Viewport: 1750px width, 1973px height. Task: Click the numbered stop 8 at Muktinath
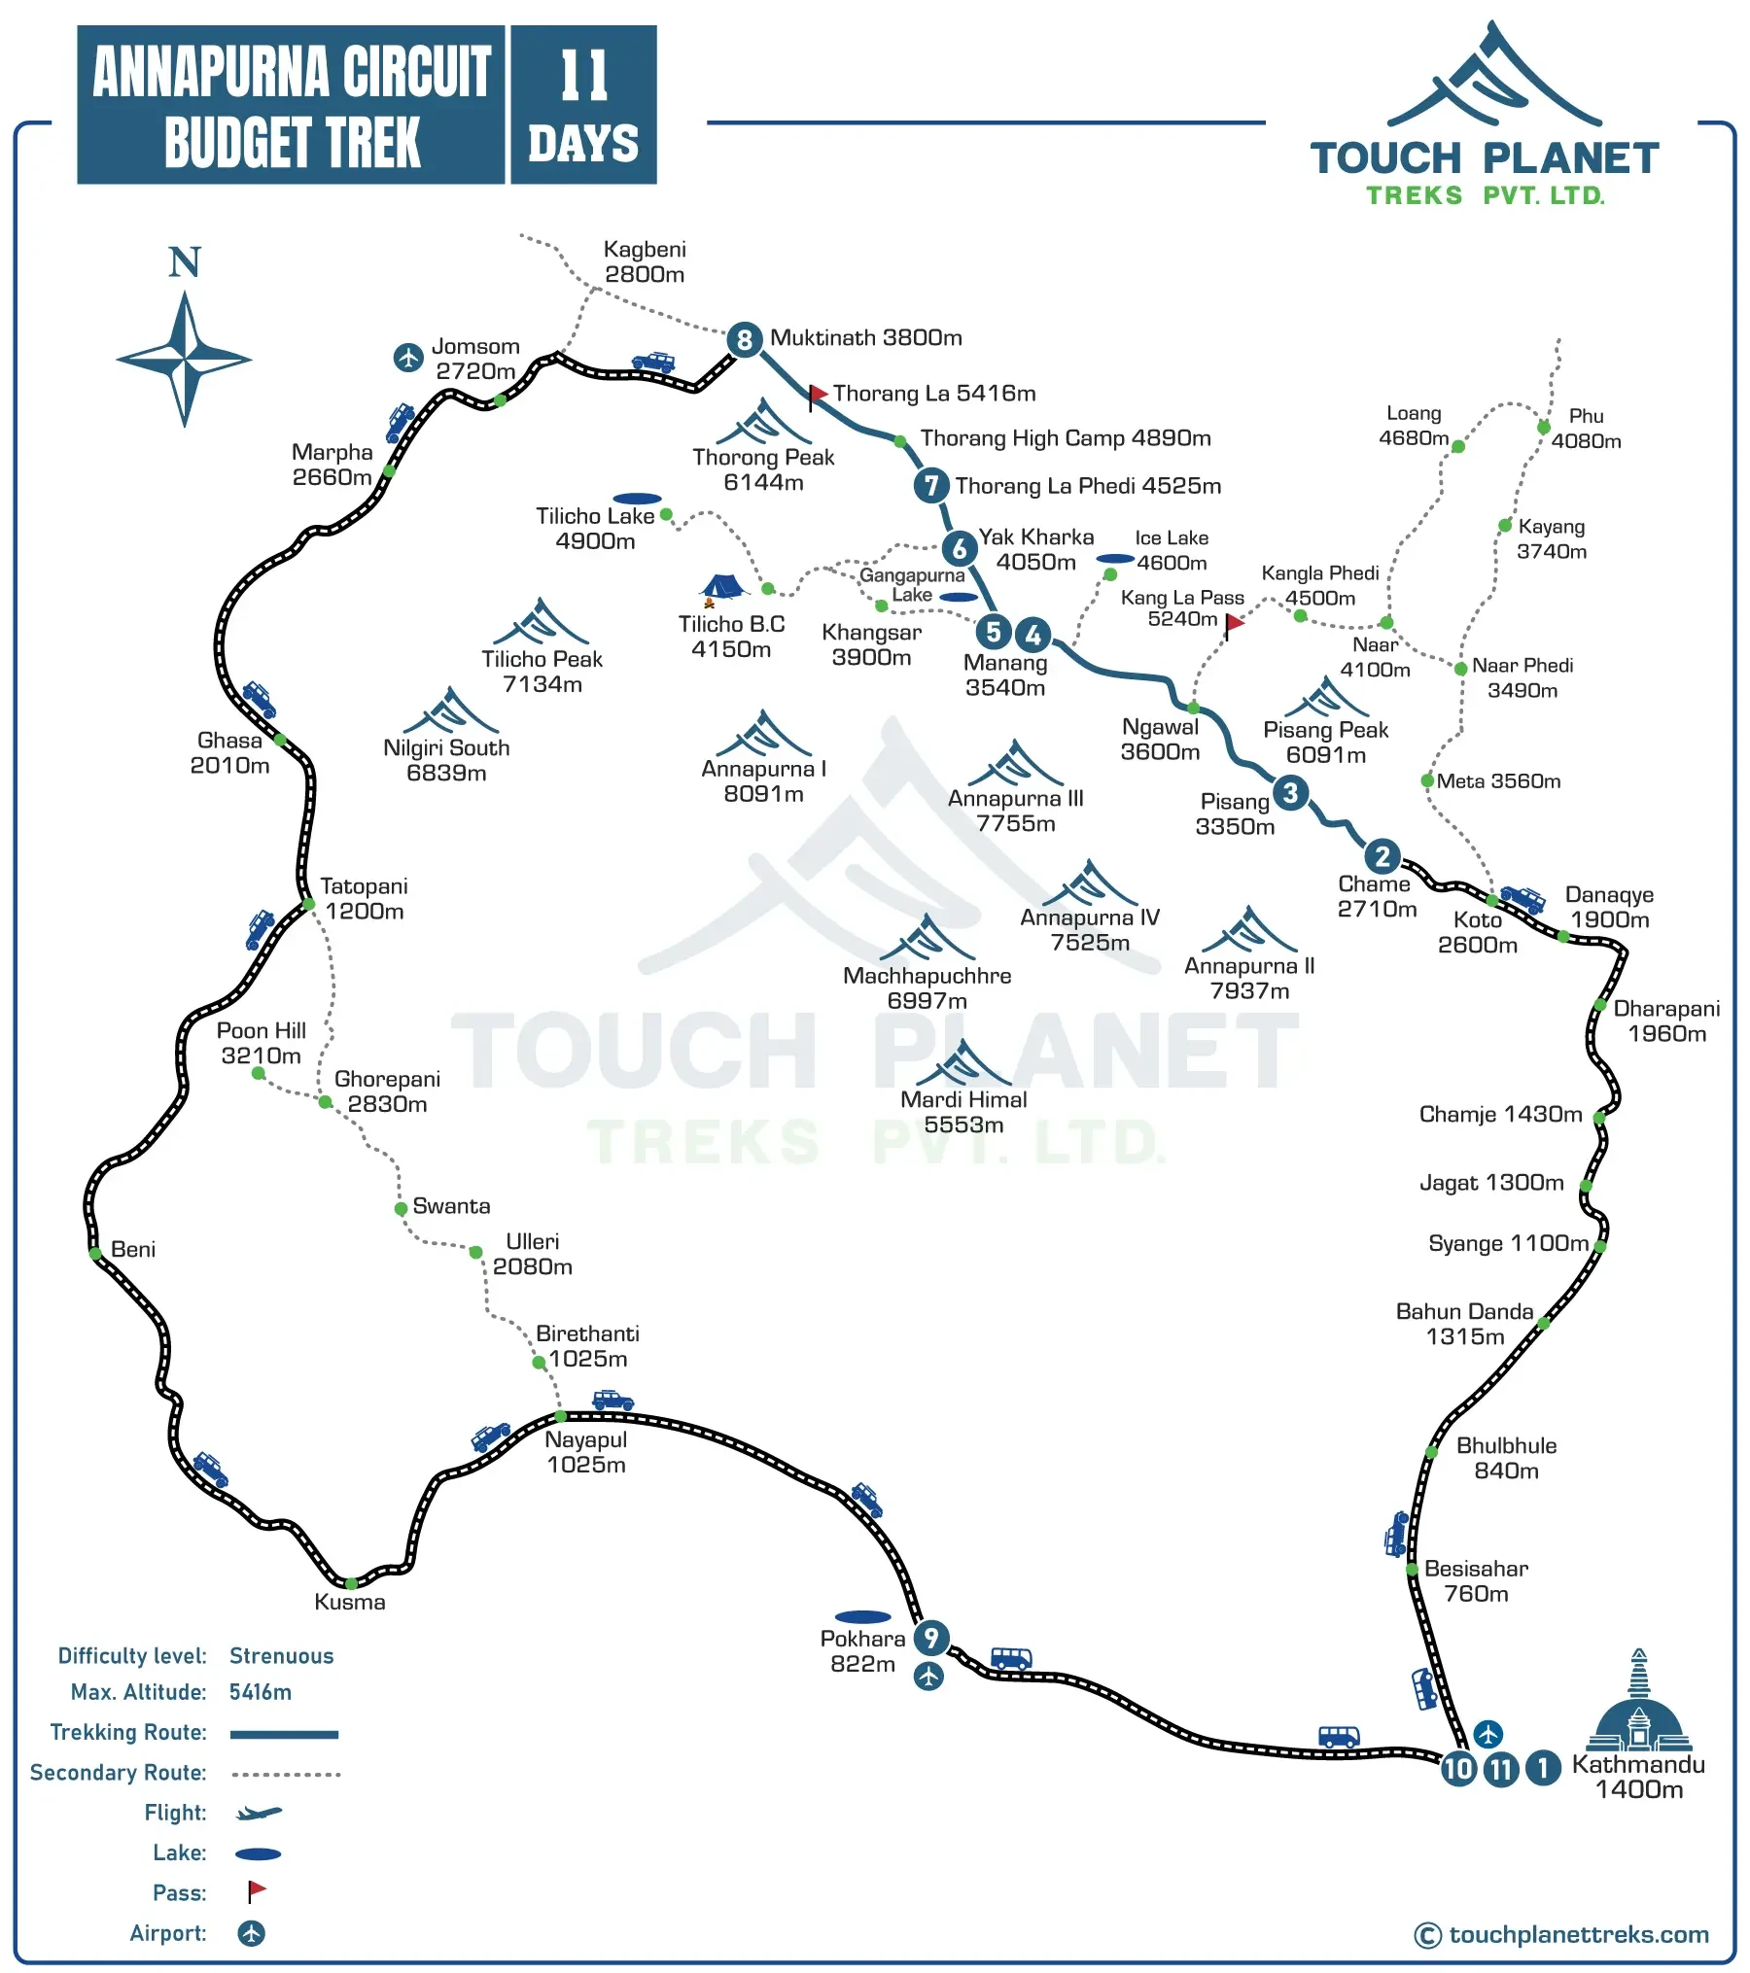[745, 339]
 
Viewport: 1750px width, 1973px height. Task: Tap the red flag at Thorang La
[818, 395]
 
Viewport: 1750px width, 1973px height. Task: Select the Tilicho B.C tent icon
[722, 587]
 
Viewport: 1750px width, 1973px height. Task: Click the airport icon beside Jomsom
[408, 357]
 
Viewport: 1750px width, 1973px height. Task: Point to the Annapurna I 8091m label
[764, 781]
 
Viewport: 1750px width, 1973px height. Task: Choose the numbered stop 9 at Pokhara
[931, 1638]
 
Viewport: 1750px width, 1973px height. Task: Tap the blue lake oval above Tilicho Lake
[638, 499]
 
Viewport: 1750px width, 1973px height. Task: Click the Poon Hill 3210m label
[261, 1043]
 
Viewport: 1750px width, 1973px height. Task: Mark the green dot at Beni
[95, 1254]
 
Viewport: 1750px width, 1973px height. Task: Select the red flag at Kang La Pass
[1234, 623]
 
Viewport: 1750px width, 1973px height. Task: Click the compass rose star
[184, 359]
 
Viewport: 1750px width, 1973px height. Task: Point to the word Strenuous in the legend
[281, 1655]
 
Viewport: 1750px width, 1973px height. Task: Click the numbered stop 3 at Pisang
[1290, 792]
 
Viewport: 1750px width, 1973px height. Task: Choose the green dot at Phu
[1544, 428]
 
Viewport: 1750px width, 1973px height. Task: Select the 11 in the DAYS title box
[584, 76]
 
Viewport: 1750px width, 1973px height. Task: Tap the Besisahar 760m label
[1476, 1580]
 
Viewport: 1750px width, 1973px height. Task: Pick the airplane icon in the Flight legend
[259, 1813]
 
